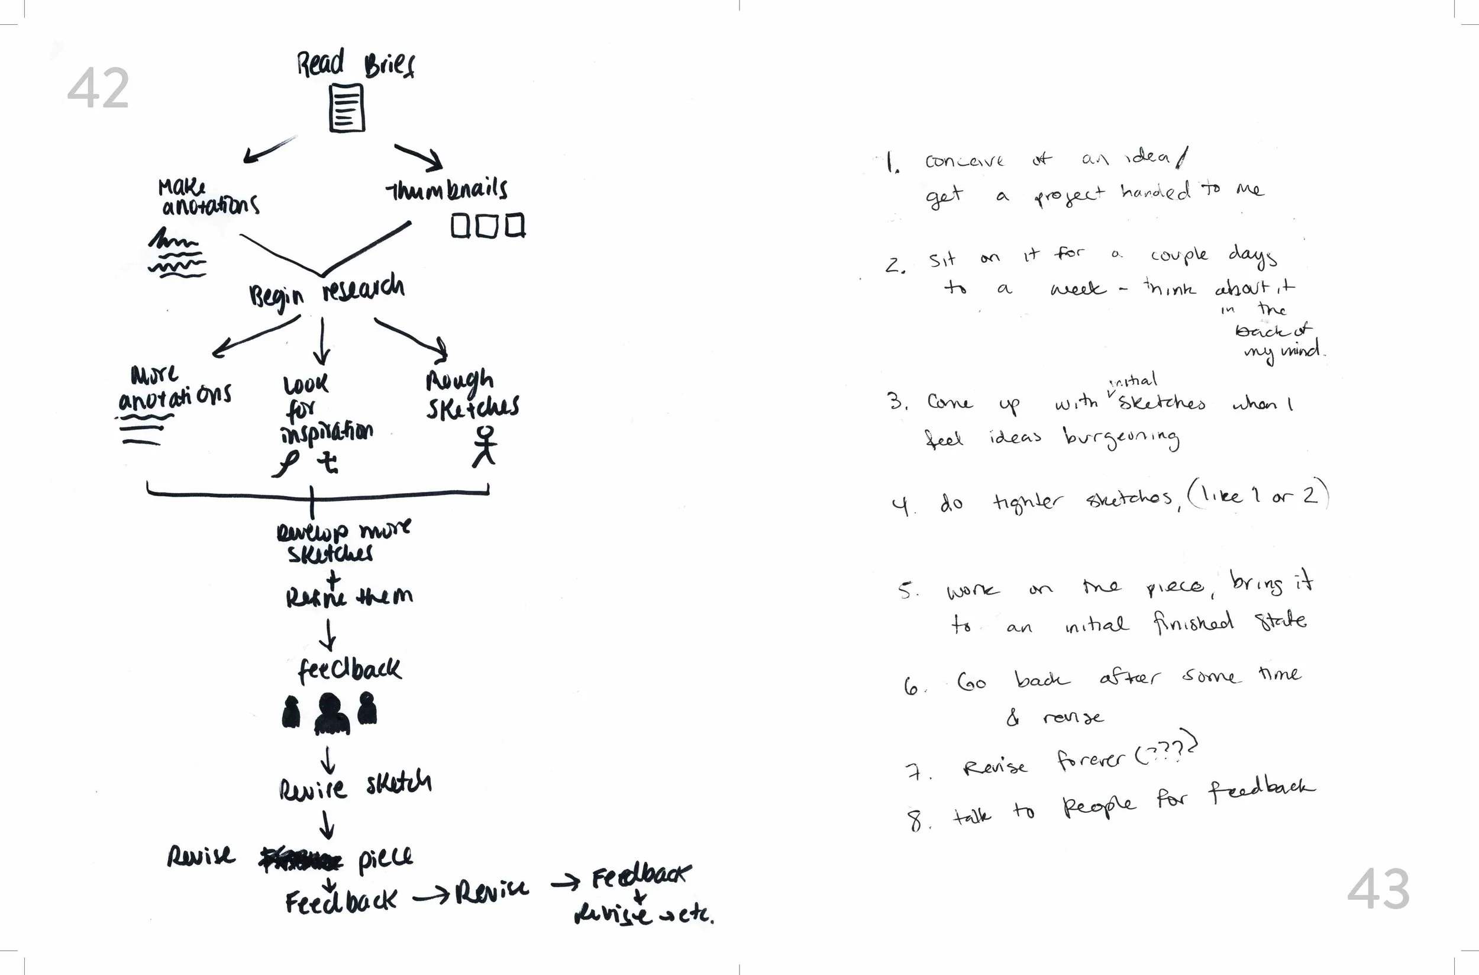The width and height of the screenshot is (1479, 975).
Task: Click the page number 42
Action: click(98, 89)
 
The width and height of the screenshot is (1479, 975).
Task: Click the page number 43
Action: click(1378, 889)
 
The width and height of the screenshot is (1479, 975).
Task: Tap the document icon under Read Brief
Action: click(347, 109)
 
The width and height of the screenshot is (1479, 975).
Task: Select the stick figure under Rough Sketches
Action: click(485, 446)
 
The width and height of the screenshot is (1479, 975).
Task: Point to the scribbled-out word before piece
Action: click(301, 860)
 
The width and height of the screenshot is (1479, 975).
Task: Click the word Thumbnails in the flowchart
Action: click(447, 188)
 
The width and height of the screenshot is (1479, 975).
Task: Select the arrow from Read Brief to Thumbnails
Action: click(418, 157)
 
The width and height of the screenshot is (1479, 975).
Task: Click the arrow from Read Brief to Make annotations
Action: click(269, 150)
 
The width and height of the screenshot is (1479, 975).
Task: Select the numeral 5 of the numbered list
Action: click(907, 590)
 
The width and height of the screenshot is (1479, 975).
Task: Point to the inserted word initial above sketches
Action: click(1134, 381)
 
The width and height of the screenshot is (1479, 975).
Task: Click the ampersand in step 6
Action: click(1013, 718)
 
